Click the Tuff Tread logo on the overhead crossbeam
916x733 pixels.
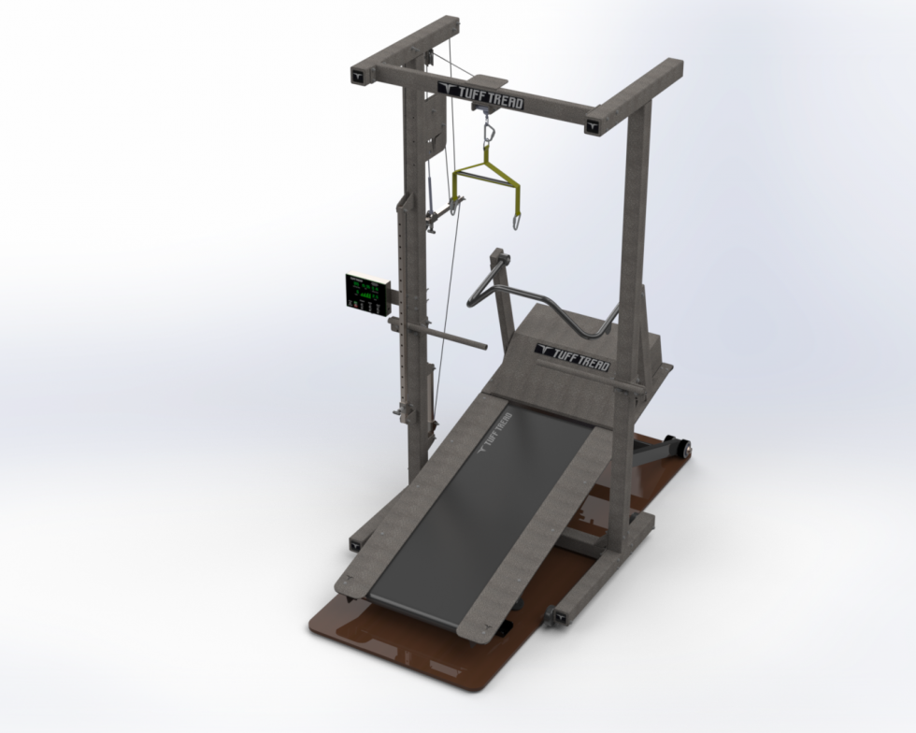point(480,95)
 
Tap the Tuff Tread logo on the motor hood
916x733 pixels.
point(573,357)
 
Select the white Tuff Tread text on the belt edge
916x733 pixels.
point(494,432)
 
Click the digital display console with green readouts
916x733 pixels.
point(367,293)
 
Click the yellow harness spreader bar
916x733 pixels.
point(486,179)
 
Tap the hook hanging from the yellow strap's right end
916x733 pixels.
point(513,221)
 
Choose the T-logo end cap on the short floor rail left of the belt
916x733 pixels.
point(355,543)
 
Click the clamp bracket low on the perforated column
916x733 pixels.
point(404,412)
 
